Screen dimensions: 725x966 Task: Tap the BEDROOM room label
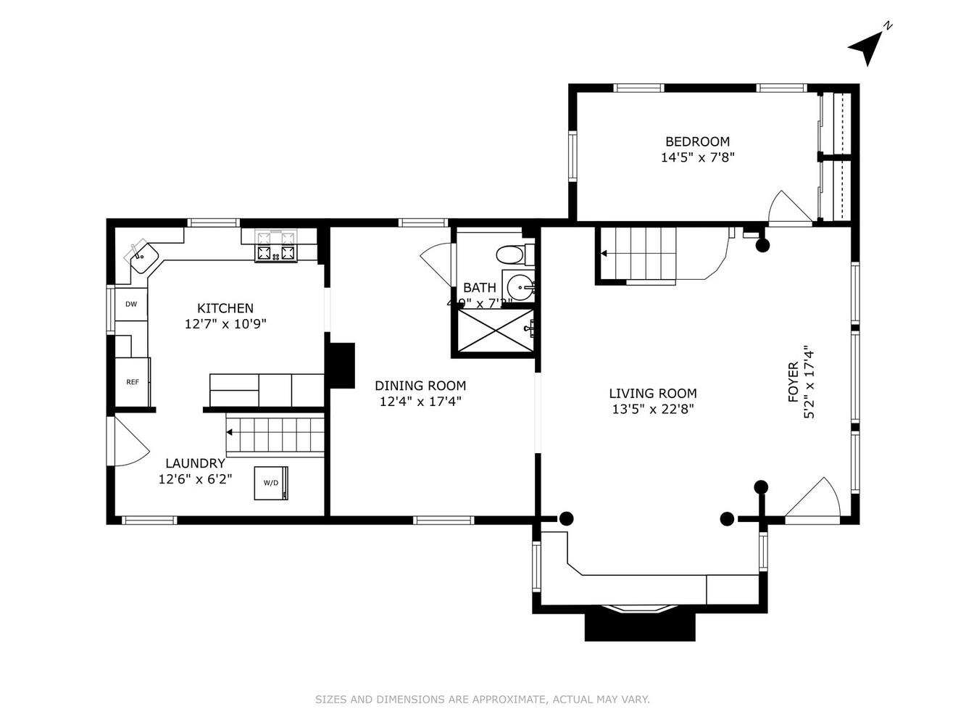[697, 141]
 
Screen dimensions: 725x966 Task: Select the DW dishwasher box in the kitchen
[131, 304]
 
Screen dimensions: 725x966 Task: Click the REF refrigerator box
[133, 381]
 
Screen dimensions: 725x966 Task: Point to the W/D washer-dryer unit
[271, 483]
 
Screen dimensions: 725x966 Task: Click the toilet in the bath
[512, 254]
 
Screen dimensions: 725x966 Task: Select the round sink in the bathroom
[520, 286]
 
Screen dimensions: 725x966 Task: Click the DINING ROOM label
[420, 386]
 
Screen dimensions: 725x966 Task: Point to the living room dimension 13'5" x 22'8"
[652, 409]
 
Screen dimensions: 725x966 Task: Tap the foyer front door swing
[814, 500]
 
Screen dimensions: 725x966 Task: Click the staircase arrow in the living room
[604, 253]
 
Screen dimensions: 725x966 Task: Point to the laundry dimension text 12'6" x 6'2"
[195, 478]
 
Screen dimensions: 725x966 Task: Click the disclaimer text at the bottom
[482, 700]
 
